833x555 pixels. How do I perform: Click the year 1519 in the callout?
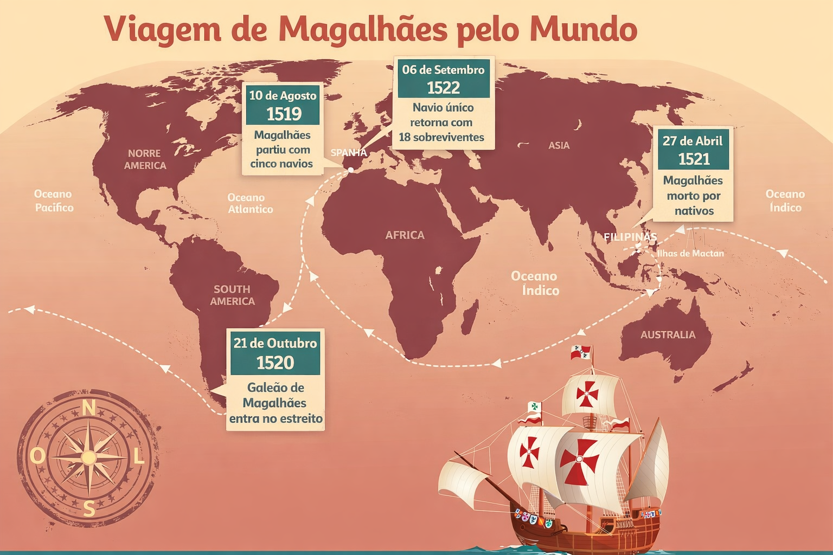tap(284, 114)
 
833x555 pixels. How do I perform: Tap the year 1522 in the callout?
tap(443, 88)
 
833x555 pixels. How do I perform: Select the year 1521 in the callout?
tap(694, 159)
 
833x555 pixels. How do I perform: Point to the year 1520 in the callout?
tap(275, 363)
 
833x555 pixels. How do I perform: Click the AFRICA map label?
tap(405, 235)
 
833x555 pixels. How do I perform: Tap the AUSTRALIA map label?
tap(668, 335)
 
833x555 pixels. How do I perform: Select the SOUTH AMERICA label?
tap(232, 295)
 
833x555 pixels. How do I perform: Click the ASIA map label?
tap(559, 145)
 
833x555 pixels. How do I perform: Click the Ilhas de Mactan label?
tap(690, 253)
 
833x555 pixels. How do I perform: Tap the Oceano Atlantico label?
tap(249, 203)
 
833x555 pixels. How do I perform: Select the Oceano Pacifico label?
tap(53, 201)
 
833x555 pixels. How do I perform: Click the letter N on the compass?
tap(88, 408)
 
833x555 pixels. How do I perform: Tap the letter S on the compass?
tap(89, 508)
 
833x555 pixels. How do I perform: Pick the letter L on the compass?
tap(139, 457)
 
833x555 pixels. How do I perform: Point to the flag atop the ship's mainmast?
tap(581, 352)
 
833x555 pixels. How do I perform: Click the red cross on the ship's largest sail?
tap(579, 461)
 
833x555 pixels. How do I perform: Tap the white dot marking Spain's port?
tap(350, 170)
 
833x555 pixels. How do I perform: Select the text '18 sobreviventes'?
tap(441, 137)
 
